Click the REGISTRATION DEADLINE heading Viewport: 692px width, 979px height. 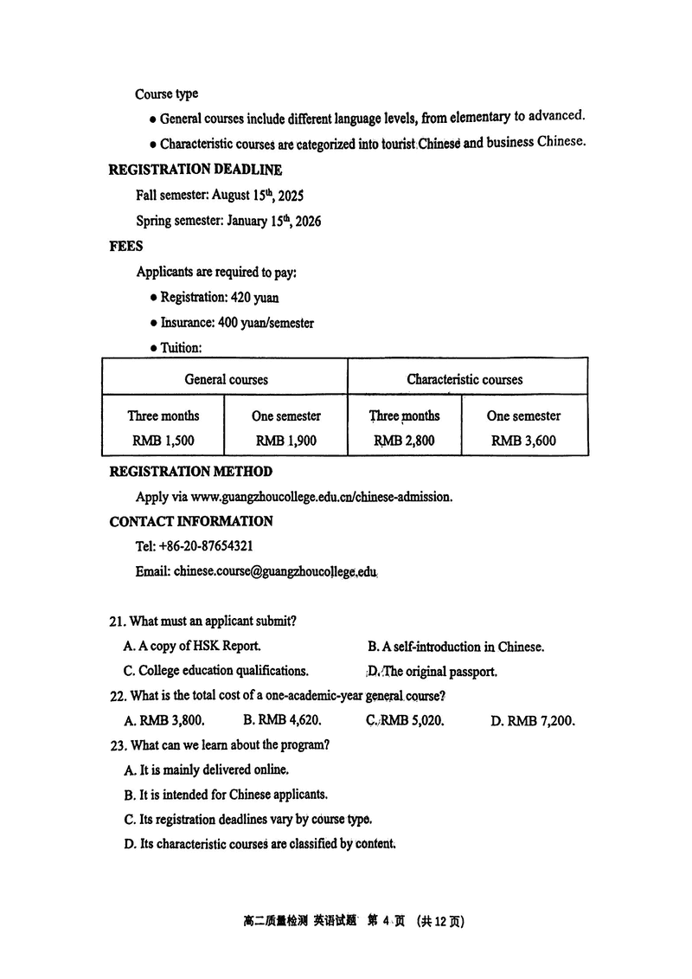195,170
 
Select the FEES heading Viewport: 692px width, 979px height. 126,246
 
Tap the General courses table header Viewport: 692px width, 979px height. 226,379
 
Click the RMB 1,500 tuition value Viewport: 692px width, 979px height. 163,441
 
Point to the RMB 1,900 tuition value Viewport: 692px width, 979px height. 286,441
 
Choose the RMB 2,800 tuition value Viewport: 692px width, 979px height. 404,441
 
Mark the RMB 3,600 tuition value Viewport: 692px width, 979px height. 523,441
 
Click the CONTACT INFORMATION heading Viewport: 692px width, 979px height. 191,521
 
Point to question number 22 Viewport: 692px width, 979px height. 118,696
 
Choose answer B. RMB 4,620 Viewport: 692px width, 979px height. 282,720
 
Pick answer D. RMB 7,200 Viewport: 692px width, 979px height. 532,720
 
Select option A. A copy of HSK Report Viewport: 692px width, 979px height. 192,647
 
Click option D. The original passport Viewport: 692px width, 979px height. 432,671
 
